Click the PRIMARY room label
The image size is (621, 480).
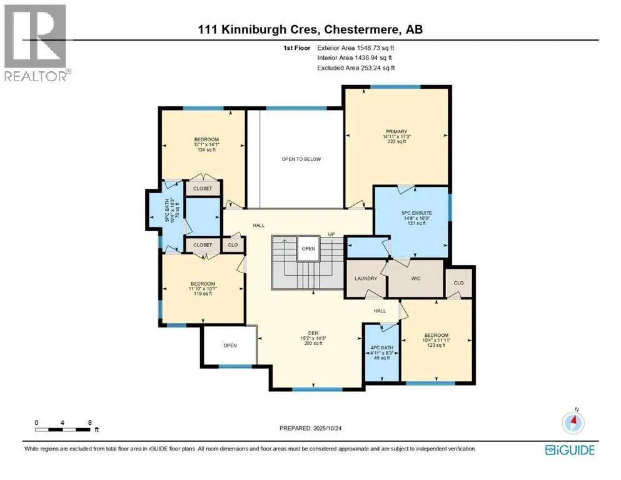[396, 131]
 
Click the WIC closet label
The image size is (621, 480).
[415, 278]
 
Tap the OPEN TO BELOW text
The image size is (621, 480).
[301, 159]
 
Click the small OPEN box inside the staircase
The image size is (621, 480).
[307, 247]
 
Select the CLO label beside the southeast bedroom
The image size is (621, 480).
[458, 282]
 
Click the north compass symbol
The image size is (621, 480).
[573, 422]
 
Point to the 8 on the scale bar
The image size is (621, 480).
[90, 422]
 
